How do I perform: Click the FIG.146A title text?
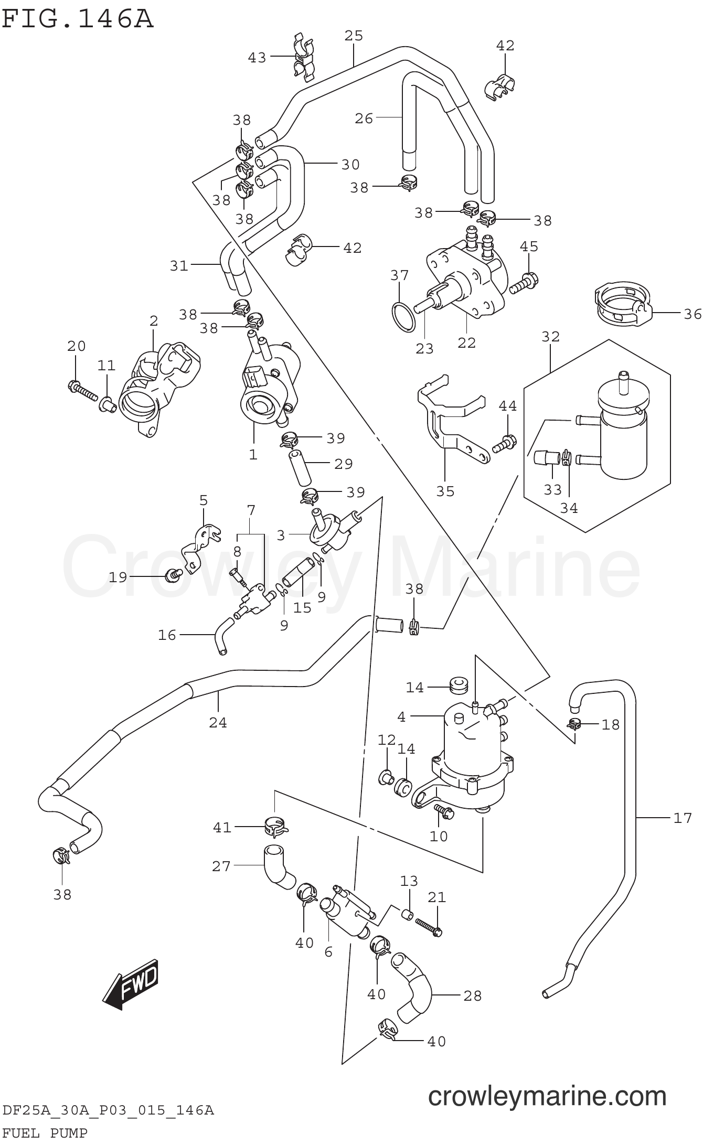[77, 19]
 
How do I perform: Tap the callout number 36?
[693, 314]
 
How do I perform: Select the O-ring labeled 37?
[404, 317]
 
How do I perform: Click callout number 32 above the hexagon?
[550, 336]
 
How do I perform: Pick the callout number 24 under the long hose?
[218, 723]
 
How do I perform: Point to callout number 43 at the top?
[257, 57]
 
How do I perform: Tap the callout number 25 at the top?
[354, 36]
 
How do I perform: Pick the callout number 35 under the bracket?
[445, 491]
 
